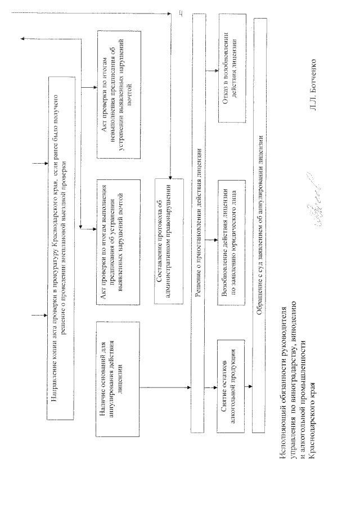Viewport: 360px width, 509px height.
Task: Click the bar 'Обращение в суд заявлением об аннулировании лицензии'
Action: click(x=260, y=225)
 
